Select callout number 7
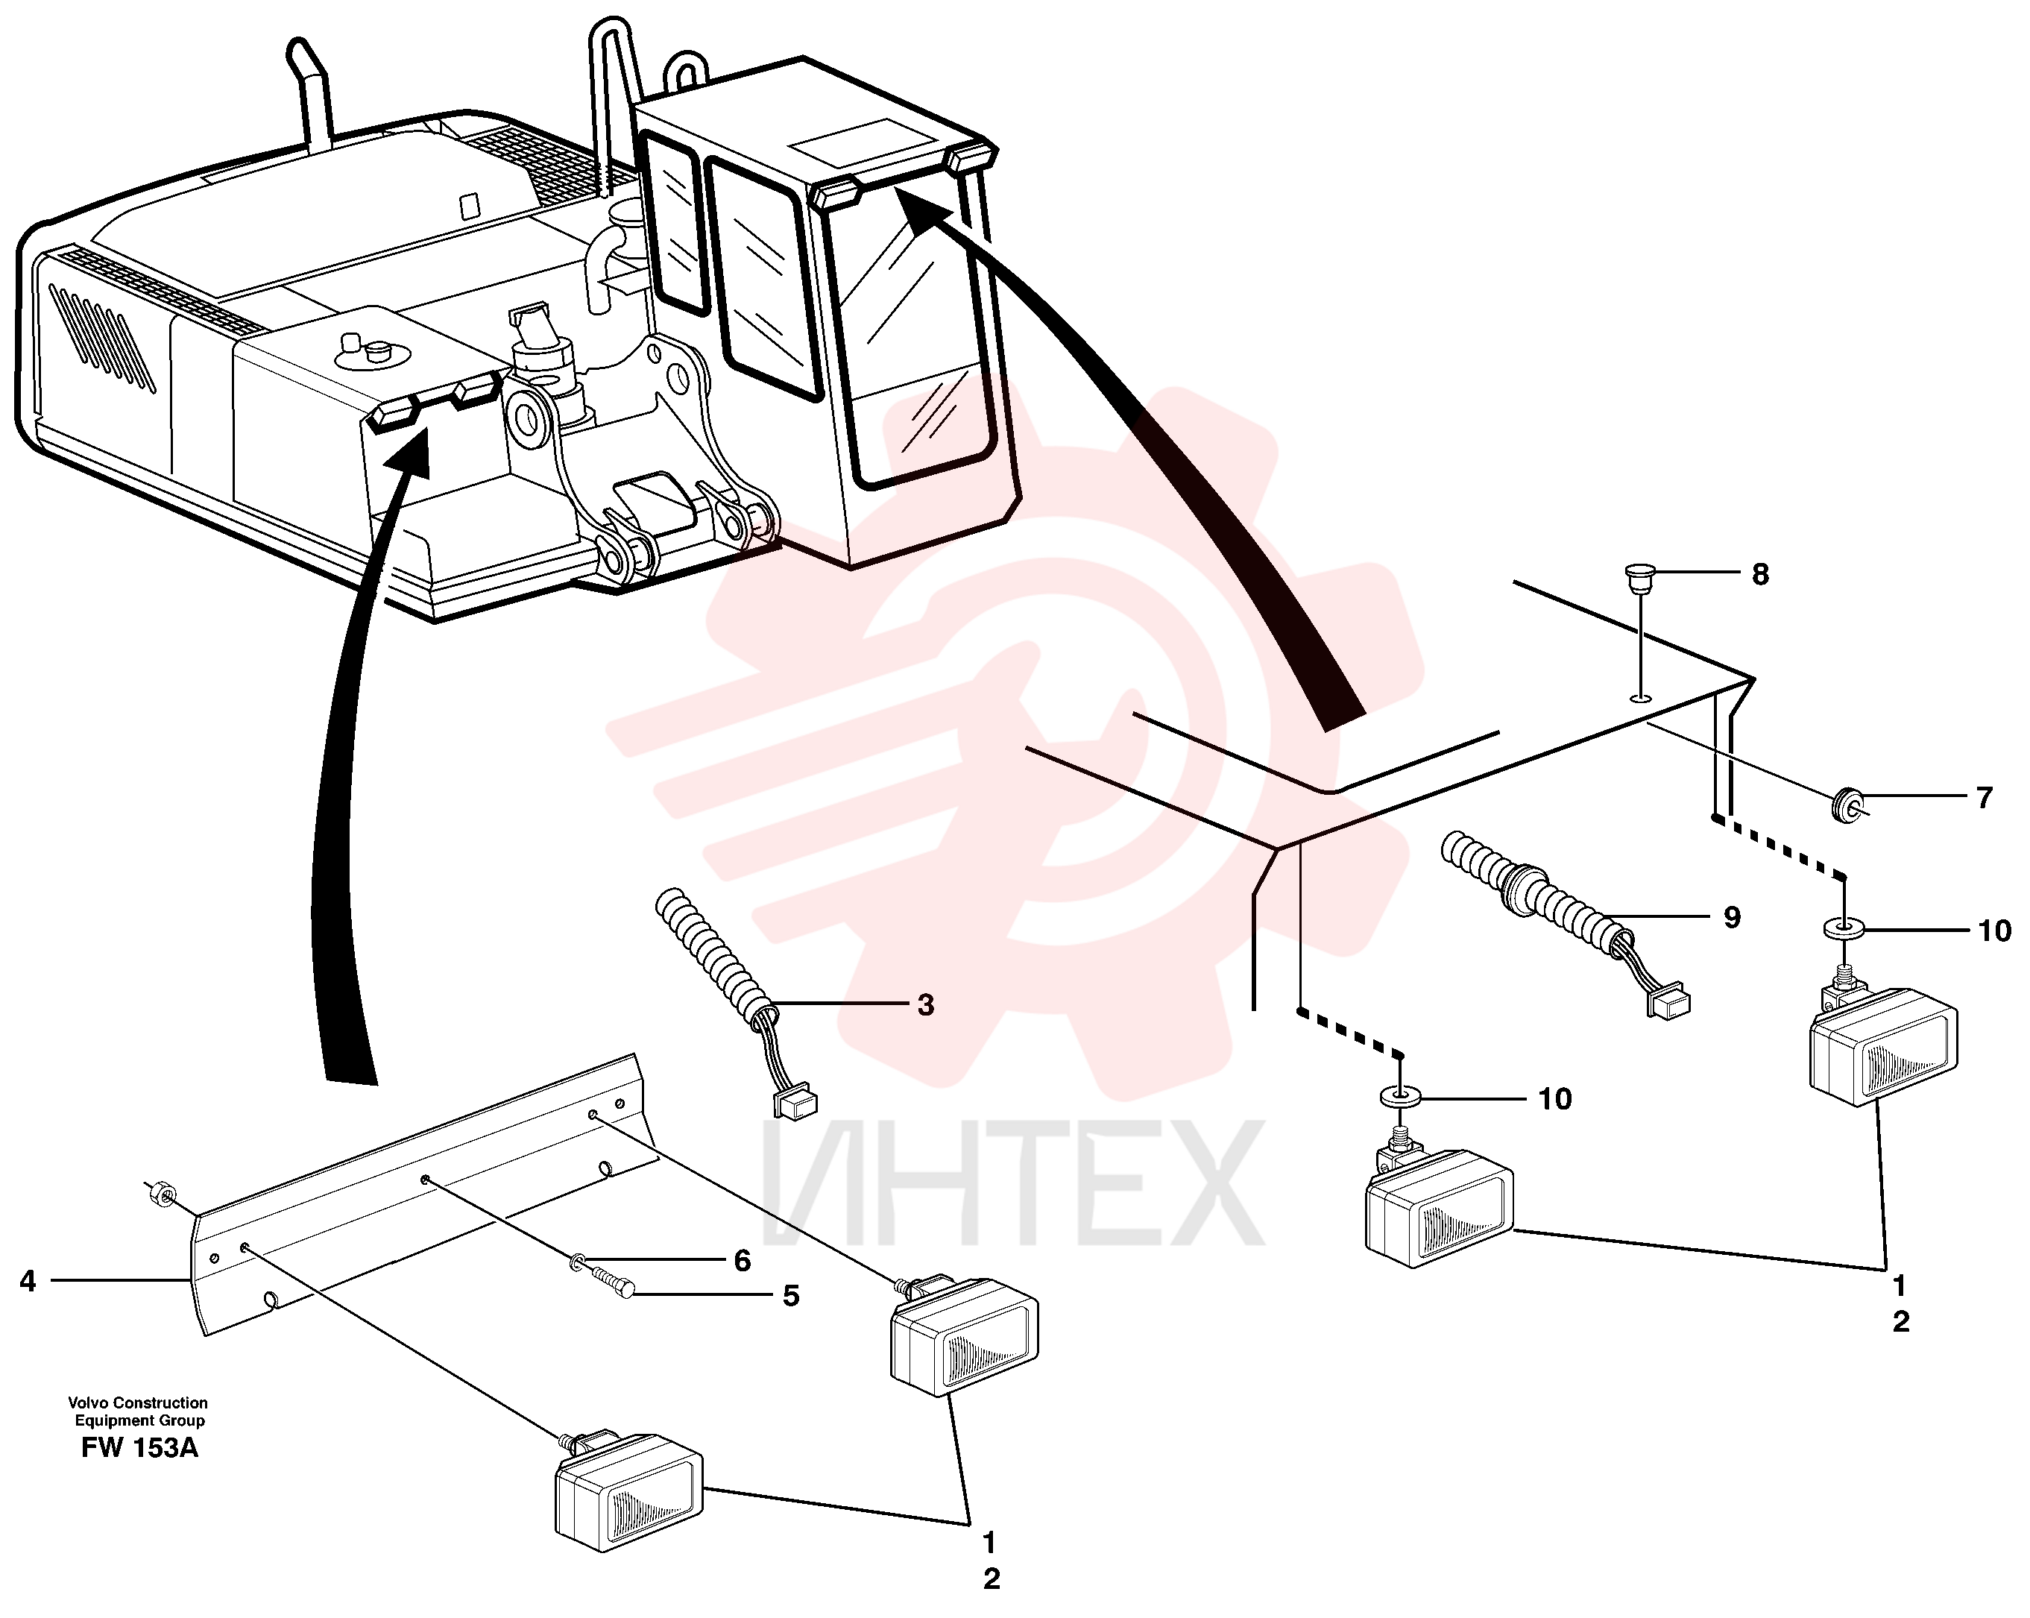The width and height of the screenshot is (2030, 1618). (x=1984, y=798)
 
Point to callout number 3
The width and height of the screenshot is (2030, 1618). (x=926, y=1005)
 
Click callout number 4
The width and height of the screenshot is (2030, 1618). (x=28, y=1281)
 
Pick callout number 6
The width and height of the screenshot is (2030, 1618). (x=742, y=1261)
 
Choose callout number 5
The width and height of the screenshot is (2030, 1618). (x=791, y=1296)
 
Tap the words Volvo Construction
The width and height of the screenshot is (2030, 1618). (x=139, y=1403)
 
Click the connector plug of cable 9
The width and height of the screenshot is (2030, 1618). (x=1668, y=1004)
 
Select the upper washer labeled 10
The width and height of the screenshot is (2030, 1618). (x=1844, y=928)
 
